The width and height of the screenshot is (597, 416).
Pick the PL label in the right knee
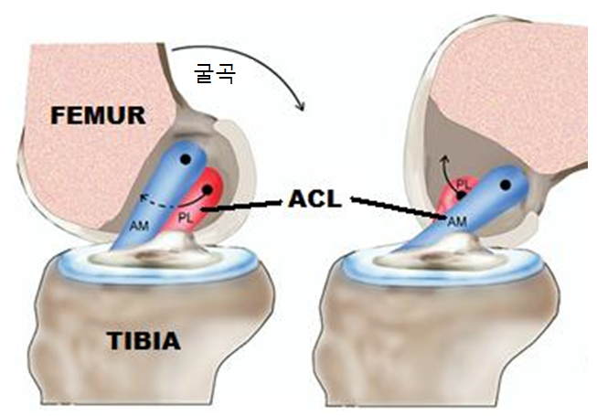pyautogui.click(x=463, y=184)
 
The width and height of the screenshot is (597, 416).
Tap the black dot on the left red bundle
pyautogui.click(x=211, y=189)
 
